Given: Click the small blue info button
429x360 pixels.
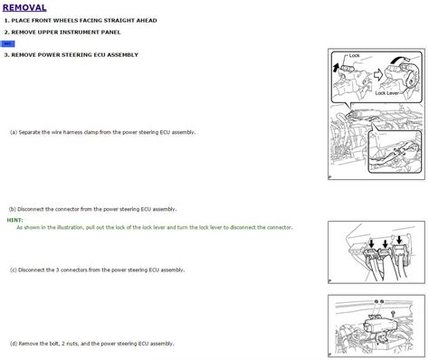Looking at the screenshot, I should tap(7, 43).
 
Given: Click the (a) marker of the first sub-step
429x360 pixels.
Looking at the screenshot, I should tap(13, 132).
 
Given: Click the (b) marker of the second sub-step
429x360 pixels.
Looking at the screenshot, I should tap(13, 207).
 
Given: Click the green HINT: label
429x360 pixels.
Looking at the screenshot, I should tap(14, 219).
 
